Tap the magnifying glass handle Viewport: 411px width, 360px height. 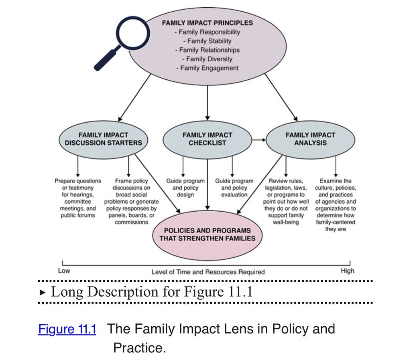click(107, 59)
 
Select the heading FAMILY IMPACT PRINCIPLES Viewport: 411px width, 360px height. click(208, 23)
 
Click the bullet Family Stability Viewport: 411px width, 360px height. click(208, 41)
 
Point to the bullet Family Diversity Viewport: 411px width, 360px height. click(208, 59)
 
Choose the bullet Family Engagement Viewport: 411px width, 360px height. click(208, 68)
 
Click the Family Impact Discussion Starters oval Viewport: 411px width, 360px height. click(103, 140)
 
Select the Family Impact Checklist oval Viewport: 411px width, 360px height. click(208, 140)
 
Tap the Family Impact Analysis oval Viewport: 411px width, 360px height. click(310, 140)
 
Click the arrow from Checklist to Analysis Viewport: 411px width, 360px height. click(259, 140)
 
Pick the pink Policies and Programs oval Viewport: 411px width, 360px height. click(208, 235)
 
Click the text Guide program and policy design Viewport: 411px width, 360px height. click(185, 188)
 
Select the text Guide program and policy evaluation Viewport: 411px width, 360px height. click(234, 188)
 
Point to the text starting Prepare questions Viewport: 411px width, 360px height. click(78, 198)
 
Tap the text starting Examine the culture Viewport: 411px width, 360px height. click(336, 205)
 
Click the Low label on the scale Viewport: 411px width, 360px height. click(64, 271)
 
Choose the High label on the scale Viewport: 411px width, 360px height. click(348, 271)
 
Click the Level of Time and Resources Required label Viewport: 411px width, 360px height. click(208, 272)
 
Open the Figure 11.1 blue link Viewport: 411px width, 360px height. click(67, 329)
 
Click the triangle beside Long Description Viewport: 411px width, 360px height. click(42, 293)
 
